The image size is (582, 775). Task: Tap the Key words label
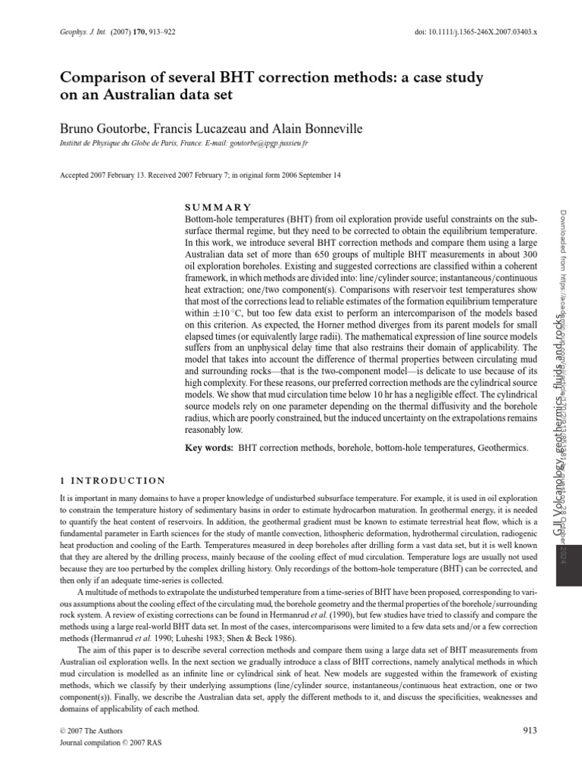pos(210,449)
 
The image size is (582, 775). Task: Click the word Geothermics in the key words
pos(502,449)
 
